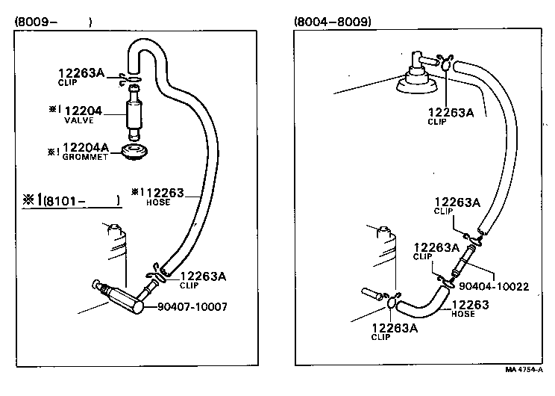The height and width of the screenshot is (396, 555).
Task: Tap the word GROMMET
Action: coord(85,158)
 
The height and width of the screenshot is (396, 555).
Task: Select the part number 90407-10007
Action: coord(192,307)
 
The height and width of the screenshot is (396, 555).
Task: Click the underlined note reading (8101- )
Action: coord(81,200)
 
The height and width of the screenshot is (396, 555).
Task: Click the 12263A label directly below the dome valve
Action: coord(451,113)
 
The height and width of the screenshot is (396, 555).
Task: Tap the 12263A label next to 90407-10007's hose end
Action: coord(202,276)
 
